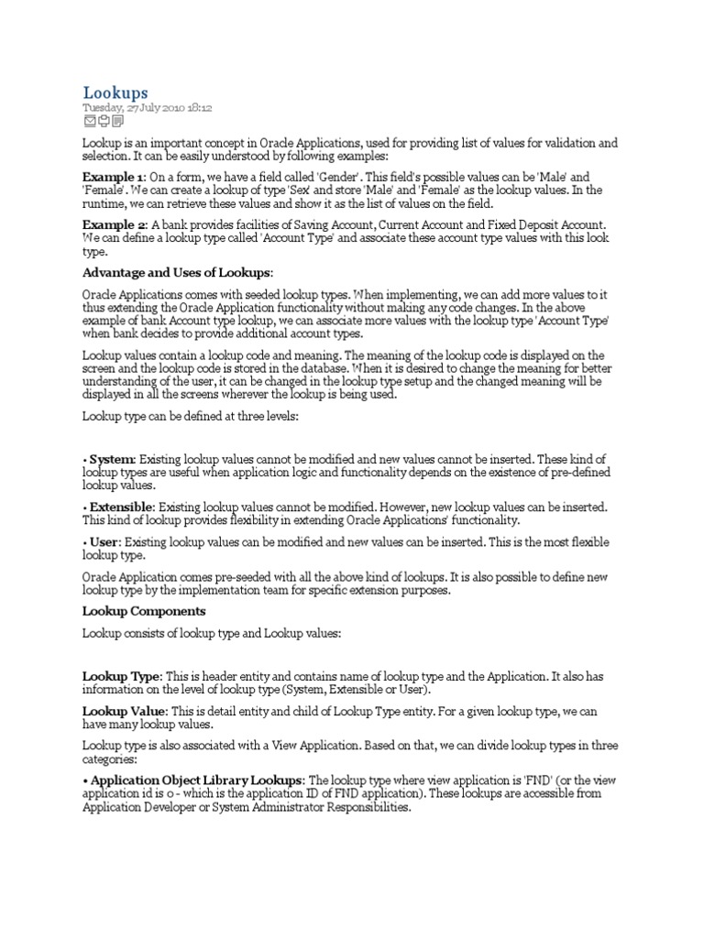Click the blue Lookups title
pos(115,93)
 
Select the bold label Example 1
pos(114,177)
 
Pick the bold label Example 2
pos(114,225)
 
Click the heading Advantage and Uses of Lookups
pos(177,274)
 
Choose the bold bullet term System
pos(113,458)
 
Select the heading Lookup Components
pos(144,611)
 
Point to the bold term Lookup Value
pos(125,710)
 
